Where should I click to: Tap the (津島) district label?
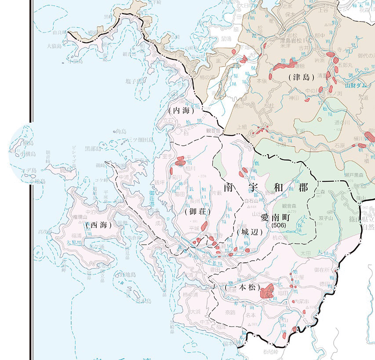point(302,77)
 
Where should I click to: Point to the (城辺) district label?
point(249,231)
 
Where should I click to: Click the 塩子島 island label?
point(133,81)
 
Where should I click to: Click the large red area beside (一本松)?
point(267,291)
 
